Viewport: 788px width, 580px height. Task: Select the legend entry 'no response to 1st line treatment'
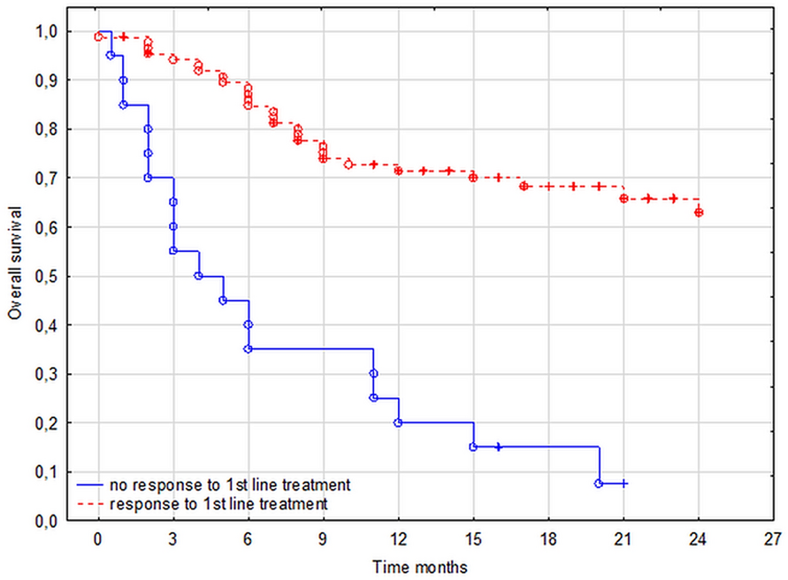click(x=230, y=485)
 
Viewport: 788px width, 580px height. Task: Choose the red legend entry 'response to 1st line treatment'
click(x=218, y=503)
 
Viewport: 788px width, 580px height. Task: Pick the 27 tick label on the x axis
click(x=773, y=538)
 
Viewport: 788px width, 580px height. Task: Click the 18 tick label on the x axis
click(x=548, y=538)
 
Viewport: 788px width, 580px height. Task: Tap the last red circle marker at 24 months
click(x=699, y=212)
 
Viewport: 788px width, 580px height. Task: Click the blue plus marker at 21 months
click(x=624, y=484)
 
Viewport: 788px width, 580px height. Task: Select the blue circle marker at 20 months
click(x=599, y=484)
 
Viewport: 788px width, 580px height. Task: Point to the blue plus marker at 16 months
click(x=499, y=446)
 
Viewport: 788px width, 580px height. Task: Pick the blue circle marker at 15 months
click(x=473, y=446)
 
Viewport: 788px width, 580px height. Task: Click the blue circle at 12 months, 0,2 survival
click(x=398, y=423)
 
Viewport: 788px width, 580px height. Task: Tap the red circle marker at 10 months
click(x=348, y=164)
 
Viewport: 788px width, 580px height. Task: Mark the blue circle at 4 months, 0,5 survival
click(x=198, y=276)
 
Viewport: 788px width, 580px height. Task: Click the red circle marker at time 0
click(x=98, y=36)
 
